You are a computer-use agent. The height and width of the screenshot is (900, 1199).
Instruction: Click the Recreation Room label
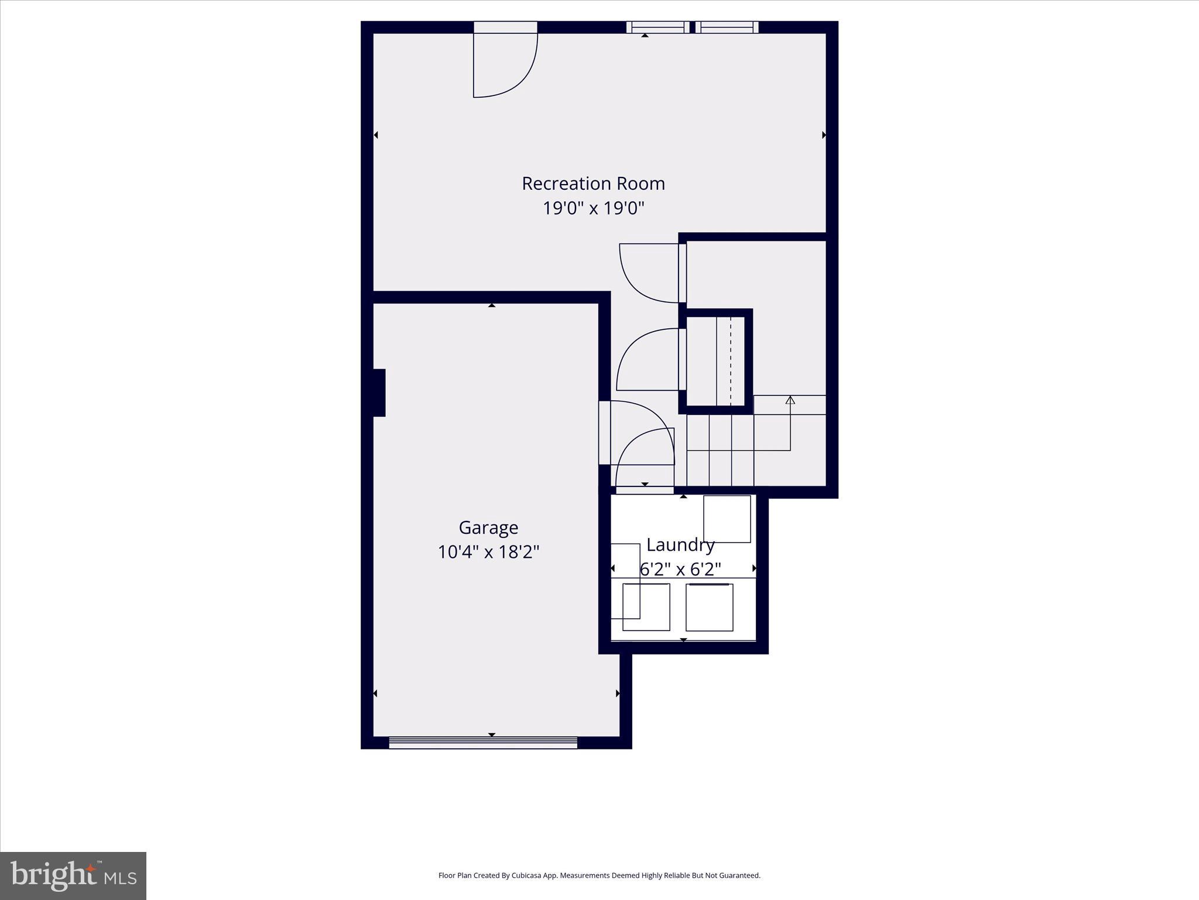[x=593, y=183]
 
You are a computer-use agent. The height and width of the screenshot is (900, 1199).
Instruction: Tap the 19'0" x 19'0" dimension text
[x=593, y=208]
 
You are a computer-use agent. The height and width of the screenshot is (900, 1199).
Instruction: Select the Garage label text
[x=488, y=527]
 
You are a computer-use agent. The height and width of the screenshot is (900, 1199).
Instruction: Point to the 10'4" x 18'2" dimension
[x=488, y=552]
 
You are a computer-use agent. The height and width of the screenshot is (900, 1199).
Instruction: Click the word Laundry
[x=680, y=545]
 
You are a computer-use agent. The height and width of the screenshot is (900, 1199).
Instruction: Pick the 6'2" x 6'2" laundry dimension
[x=680, y=569]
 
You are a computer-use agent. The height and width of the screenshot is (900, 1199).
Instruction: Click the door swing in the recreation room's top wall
[x=505, y=64]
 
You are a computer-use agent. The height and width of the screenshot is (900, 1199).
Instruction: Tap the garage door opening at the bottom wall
[x=483, y=742]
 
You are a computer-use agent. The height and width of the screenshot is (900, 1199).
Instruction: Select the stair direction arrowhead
[x=790, y=400]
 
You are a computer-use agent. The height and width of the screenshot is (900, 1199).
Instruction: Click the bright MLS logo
[x=73, y=875]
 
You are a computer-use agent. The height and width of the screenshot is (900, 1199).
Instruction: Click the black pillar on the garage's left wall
[x=379, y=393]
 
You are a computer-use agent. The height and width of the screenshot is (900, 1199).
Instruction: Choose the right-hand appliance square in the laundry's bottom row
[x=709, y=607]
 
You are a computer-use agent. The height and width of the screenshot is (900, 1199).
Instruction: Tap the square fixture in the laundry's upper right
[x=727, y=519]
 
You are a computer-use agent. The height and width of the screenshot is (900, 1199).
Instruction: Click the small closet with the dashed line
[x=715, y=361]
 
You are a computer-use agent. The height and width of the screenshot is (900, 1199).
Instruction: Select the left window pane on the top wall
[x=658, y=27]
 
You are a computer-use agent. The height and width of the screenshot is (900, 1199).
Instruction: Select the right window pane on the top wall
[x=727, y=27]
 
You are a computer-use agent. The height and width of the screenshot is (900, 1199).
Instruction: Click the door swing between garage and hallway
[x=638, y=431]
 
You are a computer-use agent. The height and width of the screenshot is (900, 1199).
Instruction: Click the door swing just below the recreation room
[x=649, y=272]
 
